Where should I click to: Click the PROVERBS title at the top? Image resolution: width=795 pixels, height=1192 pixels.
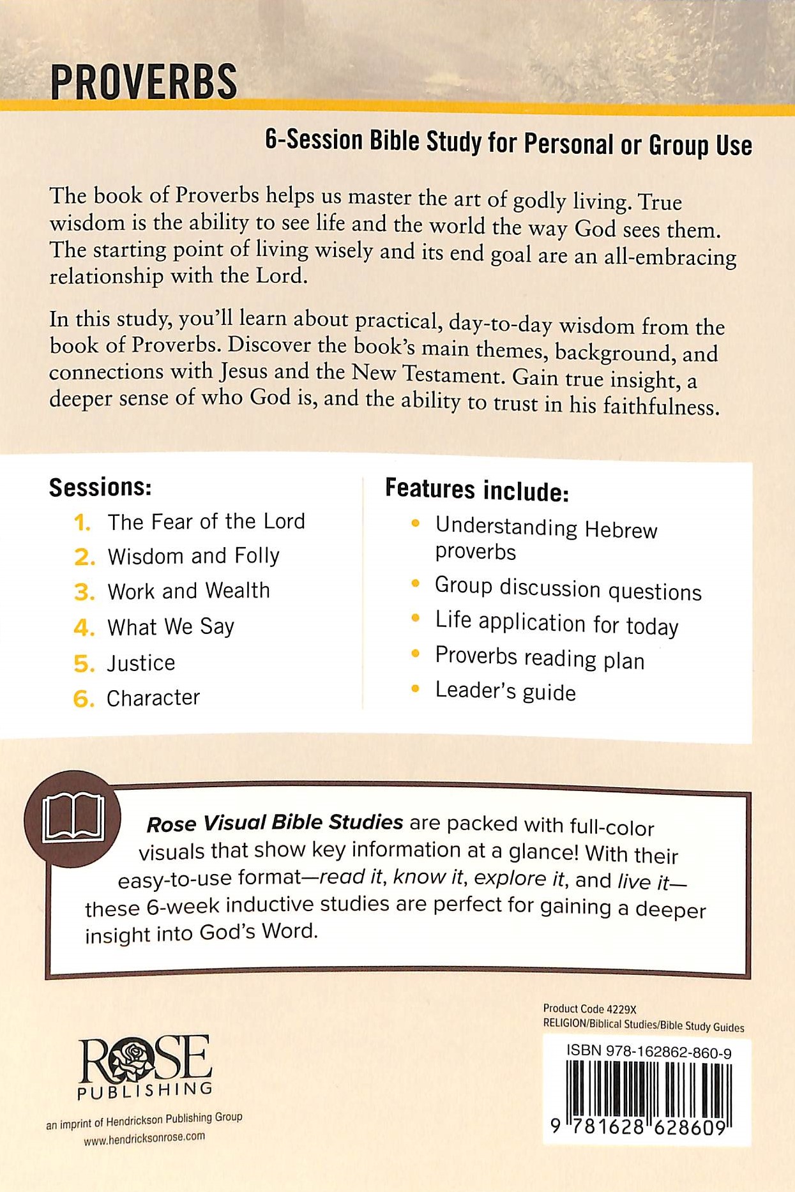pyautogui.click(x=144, y=82)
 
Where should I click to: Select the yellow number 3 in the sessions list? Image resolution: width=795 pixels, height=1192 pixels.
pyautogui.click(x=84, y=592)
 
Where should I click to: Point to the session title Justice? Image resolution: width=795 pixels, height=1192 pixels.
pyautogui.click(x=140, y=663)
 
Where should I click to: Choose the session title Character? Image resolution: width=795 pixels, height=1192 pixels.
pyautogui.click(x=153, y=698)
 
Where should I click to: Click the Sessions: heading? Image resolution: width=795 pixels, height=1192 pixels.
pyautogui.click(x=100, y=488)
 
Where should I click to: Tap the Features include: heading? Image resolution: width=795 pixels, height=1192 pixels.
pyautogui.click(x=476, y=490)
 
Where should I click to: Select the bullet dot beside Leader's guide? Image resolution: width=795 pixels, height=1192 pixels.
pyautogui.click(x=416, y=689)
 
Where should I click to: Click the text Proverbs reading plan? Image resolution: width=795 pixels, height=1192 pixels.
pyautogui.click(x=540, y=658)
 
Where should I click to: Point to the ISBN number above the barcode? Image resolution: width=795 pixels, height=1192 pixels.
pyautogui.click(x=649, y=1052)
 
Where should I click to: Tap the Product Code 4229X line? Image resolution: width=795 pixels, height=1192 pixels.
pyautogui.click(x=589, y=1009)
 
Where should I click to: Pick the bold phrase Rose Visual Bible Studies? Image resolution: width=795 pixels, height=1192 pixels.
pyautogui.click(x=275, y=823)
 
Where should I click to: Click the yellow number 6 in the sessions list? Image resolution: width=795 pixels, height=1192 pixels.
pyautogui.click(x=84, y=699)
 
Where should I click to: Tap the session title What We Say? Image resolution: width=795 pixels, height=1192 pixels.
pyautogui.click(x=170, y=627)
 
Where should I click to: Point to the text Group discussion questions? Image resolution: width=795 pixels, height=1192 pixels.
pyautogui.click(x=568, y=589)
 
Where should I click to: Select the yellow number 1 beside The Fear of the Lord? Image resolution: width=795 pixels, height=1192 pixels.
pyautogui.click(x=82, y=522)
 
